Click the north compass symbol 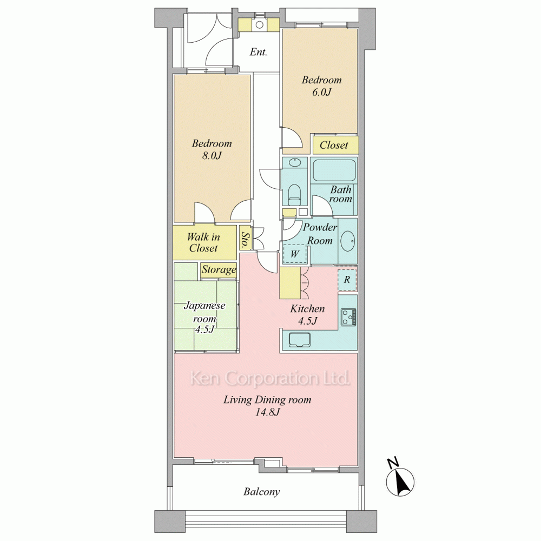pyautogui.click(x=400, y=480)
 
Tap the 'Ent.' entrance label pyautogui.click(x=259, y=52)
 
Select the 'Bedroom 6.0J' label pyautogui.click(x=321, y=86)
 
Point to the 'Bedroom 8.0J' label pyautogui.click(x=212, y=149)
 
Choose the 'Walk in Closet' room pyautogui.click(x=204, y=242)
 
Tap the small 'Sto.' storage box pyautogui.click(x=245, y=238)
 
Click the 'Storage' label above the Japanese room pyautogui.click(x=219, y=269)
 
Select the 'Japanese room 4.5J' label pyautogui.click(x=204, y=317)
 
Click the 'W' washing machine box pyautogui.click(x=294, y=254)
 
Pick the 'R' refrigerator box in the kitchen pyautogui.click(x=347, y=280)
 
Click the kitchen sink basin pyautogui.click(x=299, y=340)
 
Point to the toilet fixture pyautogui.click(x=294, y=195)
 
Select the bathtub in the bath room pyautogui.click(x=334, y=170)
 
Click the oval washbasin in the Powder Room pyautogui.click(x=348, y=241)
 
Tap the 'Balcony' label pyautogui.click(x=261, y=492)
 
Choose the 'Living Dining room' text pyautogui.click(x=267, y=400)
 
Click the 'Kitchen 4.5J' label pyautogui.click(x=307, y=315)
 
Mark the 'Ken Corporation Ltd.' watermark pyautogui.click(x=270, y=378)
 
